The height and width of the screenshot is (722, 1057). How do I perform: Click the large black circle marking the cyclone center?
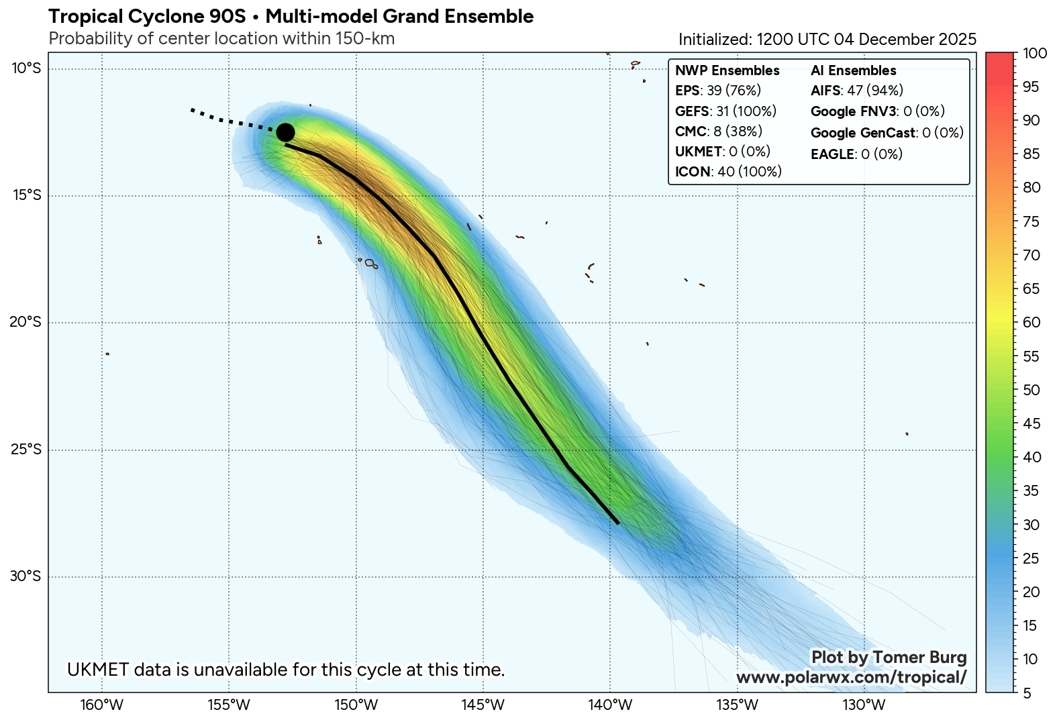pyautogui.click(x=285, y=132)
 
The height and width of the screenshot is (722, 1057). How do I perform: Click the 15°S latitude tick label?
pyautogui.click(x=26, y=195)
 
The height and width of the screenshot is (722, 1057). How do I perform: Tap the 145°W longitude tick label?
pyautogui.click(x=483, y=705)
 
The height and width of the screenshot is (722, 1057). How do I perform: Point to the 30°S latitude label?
pyautogui.click(x=26, y=576)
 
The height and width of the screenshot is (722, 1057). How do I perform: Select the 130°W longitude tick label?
pyautogui.click(x=864, y=705)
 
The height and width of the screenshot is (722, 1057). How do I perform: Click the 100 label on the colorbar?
pyautogui.click(x=1035, y=53)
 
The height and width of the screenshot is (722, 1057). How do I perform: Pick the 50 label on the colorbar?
pyautogui.click(x=1031, y=390)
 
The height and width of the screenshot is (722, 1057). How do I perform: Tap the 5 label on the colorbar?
pyautogui.click(x=1027, y=693)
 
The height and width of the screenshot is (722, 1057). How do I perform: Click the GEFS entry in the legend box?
pyautogui.click(x=725, y=111)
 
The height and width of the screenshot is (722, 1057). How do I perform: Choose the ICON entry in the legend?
pyautogui.click(x=728, y=172)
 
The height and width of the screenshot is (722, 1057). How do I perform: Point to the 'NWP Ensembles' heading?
pyautogui.click(x=727, y=70)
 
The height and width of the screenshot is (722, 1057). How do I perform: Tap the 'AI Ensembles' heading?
pyautogui.click(x=853, y=70)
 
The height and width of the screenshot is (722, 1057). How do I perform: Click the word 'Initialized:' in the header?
pyautogui.click(x=715, y=39)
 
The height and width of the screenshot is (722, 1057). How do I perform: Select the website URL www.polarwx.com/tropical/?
pyautogui.click(x=851, y=677)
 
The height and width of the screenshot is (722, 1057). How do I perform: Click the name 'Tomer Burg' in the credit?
pyautogui.click(x=923, y=658)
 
